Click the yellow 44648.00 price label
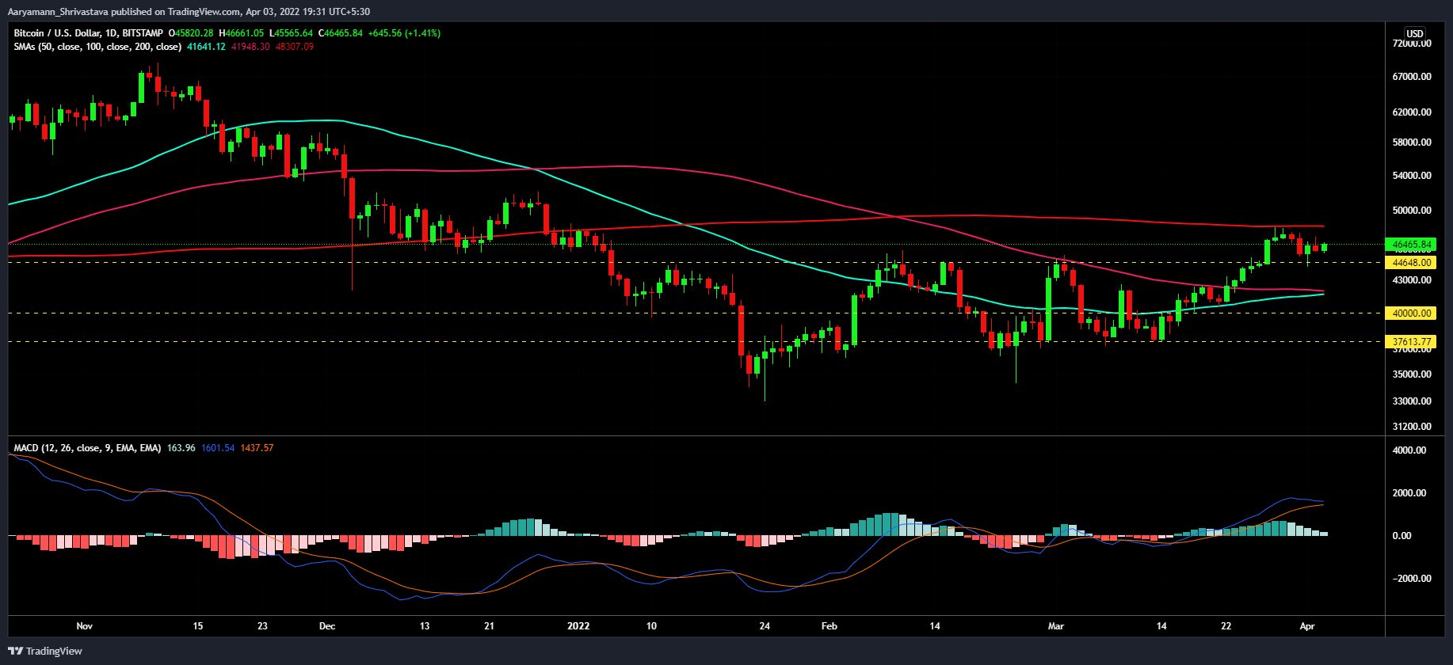1412,262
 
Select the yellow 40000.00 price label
1412,313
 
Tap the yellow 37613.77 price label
1412,342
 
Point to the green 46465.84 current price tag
1412,245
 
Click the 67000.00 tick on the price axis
1412,77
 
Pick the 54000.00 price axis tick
1412,176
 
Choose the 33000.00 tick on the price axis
1412,401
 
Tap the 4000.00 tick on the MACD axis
1414,450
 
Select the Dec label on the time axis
327,626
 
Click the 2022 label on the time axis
578,626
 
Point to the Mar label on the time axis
1056,626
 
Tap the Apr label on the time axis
1307,626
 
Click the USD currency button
1414,34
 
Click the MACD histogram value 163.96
181,448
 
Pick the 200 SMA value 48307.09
295,47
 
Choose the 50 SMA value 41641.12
206,47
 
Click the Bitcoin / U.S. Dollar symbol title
88,33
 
